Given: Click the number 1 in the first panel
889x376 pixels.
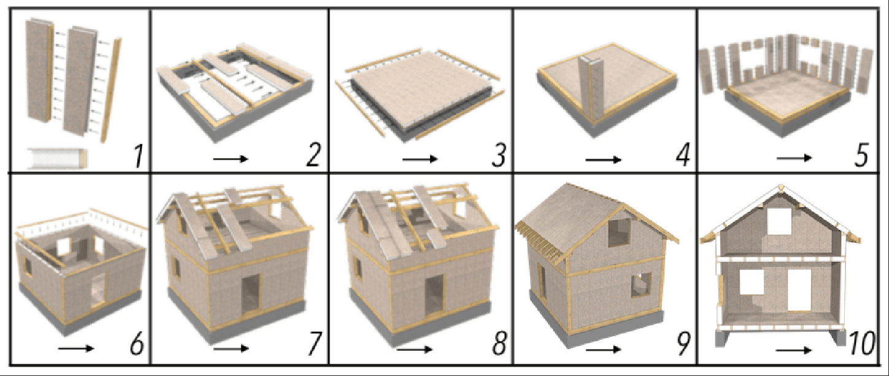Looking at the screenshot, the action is (x=137, y=155).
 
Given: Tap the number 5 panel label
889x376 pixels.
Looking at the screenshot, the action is (x=861, y=155).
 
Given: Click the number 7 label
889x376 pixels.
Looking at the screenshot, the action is (x=314, y=343).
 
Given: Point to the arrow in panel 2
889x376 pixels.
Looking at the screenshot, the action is (x=231, y=159).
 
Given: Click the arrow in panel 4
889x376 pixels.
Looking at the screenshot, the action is (x=603, y=160).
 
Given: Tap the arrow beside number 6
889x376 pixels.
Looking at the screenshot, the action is (x=76, y=348).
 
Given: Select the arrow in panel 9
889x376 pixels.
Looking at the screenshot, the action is (x=603, y=350).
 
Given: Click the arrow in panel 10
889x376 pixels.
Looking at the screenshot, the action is (x=793, y=350).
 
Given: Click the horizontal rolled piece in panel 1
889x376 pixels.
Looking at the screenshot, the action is (x=58, y=158).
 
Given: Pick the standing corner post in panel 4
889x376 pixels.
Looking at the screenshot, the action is (x=591, y=88).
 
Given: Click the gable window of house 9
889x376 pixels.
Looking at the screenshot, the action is (x=619, y=232).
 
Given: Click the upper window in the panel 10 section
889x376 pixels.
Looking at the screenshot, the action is (x=779, y=221).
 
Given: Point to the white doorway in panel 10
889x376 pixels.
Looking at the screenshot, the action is (x=799, y=290).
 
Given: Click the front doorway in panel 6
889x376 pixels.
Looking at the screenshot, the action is (x=99, y=290).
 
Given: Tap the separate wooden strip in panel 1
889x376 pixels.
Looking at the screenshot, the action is (x=110, y=90).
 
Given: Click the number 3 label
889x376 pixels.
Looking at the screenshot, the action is (x=498, y=155).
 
